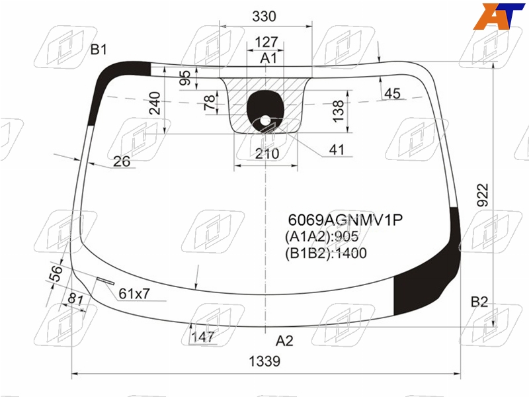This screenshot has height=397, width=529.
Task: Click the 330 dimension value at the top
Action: (264, 16)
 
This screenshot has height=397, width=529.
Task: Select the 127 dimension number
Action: (266, 42)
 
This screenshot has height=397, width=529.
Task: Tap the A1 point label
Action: (268, 58)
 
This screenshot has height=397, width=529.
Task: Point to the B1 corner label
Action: (99, 50)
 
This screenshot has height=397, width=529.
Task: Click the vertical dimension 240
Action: (155, 103)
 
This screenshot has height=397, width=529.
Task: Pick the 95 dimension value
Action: (185, 77)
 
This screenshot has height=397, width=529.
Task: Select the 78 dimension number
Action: (210, 103)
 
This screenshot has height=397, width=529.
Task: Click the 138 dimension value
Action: (338, 111)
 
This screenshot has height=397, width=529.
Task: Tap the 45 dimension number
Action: (392, 93)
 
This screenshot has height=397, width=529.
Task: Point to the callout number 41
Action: (337, 150)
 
